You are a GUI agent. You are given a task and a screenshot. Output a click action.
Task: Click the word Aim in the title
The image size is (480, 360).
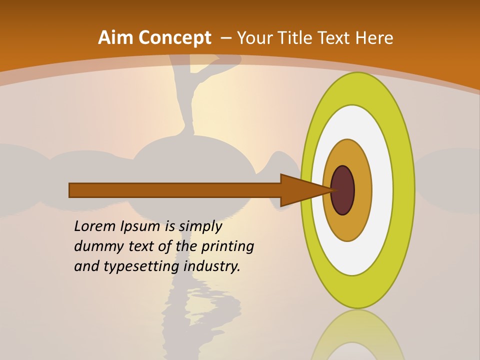115,38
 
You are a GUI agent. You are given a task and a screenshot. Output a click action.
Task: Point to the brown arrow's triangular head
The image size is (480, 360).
300,190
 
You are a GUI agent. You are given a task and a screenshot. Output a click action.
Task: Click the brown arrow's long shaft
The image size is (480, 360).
175,190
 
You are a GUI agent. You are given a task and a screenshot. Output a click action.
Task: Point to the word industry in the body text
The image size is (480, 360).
212,266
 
